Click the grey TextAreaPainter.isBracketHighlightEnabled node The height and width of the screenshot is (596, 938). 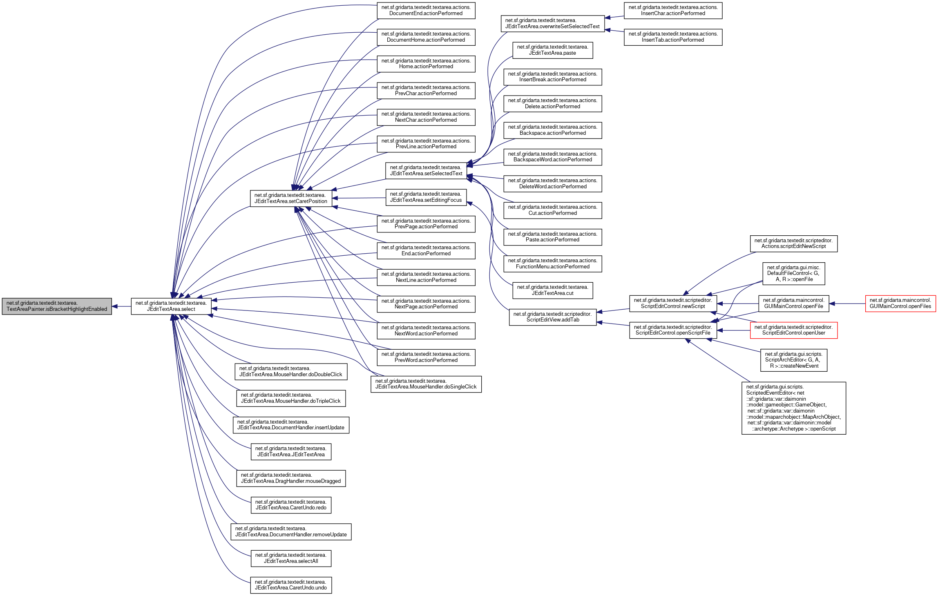coord(57,306)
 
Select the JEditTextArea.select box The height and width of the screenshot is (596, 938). coord(171,306)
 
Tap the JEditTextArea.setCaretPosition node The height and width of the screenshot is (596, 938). coord(291,198)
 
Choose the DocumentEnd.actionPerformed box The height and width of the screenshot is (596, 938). coord(426,10)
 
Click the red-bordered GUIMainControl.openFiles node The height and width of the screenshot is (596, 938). coord(900,304)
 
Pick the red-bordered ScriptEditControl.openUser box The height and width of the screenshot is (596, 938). coord(793,330)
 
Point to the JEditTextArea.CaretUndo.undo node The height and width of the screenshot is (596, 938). coord(291,585)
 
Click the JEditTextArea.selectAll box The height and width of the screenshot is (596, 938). coord(291,558)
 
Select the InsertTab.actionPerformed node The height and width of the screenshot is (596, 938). coord(673,37)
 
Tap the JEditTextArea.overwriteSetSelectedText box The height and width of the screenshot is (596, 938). coord(552,23)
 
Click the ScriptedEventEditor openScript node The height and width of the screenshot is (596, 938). coord(793,408)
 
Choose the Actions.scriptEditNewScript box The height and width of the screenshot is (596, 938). coord(793,243)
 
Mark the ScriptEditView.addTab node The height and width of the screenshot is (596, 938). coord(552,317)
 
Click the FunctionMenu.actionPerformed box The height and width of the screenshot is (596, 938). coord(552,263)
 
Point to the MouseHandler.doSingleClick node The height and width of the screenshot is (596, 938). coord(426,384)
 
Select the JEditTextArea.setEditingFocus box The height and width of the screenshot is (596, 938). coord(426,197)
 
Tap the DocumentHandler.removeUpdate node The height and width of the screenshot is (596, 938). coord(291,531)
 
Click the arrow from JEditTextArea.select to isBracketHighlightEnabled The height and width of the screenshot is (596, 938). coord(121,306)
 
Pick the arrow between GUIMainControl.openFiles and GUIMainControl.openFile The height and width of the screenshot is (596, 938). coord(847,304)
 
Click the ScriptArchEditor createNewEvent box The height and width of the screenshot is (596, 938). coord(793,360)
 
